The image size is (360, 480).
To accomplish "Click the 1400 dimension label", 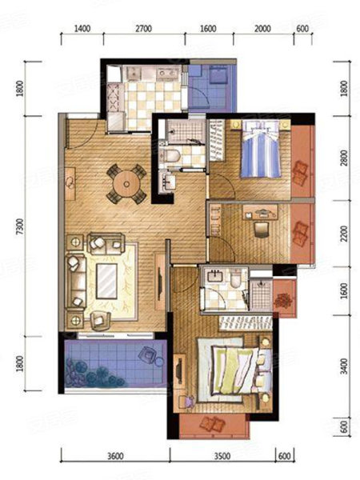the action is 82,29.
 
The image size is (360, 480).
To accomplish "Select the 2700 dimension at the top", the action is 143,29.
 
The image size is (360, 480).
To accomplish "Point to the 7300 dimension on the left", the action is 20,226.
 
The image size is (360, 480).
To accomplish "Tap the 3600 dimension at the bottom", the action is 115,456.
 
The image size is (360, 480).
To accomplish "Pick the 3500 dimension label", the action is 222,456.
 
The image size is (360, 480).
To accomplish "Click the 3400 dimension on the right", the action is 344,366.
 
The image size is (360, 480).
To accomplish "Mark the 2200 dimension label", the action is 344,234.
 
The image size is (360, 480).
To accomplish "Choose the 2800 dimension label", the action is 344,158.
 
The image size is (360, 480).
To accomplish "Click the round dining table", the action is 126,184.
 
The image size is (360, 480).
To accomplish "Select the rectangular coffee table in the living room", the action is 106,281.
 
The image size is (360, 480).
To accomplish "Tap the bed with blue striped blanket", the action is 260,149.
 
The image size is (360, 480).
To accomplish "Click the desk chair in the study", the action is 262,230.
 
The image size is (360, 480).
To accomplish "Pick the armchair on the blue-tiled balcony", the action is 148,354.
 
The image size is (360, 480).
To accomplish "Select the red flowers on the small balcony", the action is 283,301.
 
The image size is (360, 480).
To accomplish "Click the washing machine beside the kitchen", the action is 219,75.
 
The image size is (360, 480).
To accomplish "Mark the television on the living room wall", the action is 159,283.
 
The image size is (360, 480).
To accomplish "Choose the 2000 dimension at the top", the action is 262,29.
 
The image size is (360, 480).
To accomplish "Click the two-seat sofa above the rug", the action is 106,243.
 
